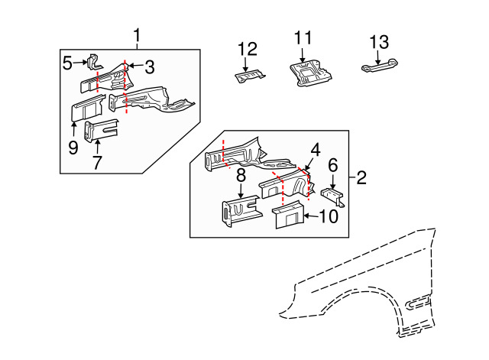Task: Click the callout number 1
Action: (x=137, y=36)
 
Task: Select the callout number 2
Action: (x=361, y=177)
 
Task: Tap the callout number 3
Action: (x=150, y=67)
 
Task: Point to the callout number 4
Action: (x=316, y=150)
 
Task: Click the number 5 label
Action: (x=67, y=63)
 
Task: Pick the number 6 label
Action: (x=333, y=165)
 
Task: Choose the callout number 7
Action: (x=97, y=162)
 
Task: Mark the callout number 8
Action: (x=241, y=176)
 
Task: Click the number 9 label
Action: (x=73, y=148)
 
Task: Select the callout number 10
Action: (x=329, y=216)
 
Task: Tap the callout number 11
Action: (x=303, y=38)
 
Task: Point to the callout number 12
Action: (x=248, y=49)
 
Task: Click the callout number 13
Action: (x=379, y=42)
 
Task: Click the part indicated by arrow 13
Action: (x=380, y=66)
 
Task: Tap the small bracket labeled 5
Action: (x=94, y=63)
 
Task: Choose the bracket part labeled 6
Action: (x=333, y=197)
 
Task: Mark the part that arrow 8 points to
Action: (x=241, y=211)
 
